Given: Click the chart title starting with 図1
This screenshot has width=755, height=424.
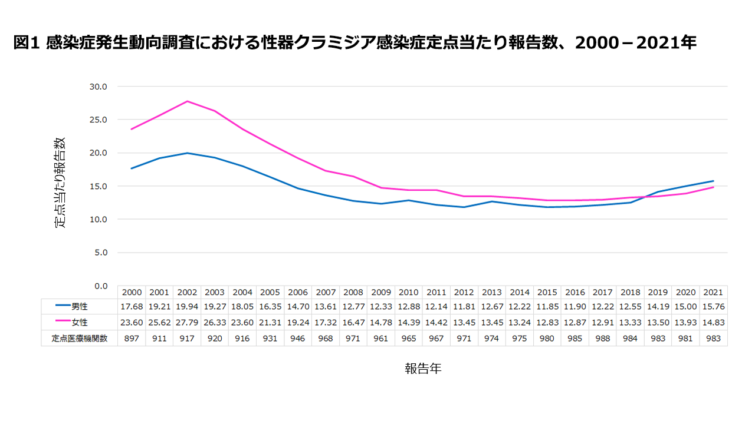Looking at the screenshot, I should point(354,42).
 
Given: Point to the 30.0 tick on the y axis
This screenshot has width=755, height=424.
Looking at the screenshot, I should point(98,87).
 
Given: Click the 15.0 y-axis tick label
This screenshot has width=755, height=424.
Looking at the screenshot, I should point(98,186).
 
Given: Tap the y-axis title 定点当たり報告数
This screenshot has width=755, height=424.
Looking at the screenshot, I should point(60,183).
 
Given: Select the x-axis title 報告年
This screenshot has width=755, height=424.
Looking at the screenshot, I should point(422,369).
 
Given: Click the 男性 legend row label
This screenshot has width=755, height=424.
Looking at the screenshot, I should point(80,307).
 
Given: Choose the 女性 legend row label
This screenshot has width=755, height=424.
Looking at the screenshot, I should point(80,322).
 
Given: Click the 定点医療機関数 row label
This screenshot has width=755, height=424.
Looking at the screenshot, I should point(80,338).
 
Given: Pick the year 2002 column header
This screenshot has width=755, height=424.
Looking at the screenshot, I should point(187,292).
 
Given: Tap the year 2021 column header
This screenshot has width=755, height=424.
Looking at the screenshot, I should point(713,292).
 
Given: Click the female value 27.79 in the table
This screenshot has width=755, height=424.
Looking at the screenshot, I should point(187,322).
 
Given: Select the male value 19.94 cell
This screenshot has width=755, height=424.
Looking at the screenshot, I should point(187,307).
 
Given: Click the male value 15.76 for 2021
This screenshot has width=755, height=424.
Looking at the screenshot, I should point(713,307).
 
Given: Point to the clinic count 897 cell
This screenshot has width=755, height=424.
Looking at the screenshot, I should point(132,338).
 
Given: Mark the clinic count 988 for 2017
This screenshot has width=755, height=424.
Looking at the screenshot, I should point(602,338).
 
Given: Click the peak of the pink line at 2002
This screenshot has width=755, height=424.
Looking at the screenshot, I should point(187,101).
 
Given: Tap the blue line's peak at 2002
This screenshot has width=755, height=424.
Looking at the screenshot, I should point(187,153).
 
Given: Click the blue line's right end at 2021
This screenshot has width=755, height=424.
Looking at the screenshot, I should point(713,181).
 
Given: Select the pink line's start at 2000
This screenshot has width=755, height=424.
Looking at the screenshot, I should point(132,129).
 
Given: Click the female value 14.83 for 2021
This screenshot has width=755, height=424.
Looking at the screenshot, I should point(713,322).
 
